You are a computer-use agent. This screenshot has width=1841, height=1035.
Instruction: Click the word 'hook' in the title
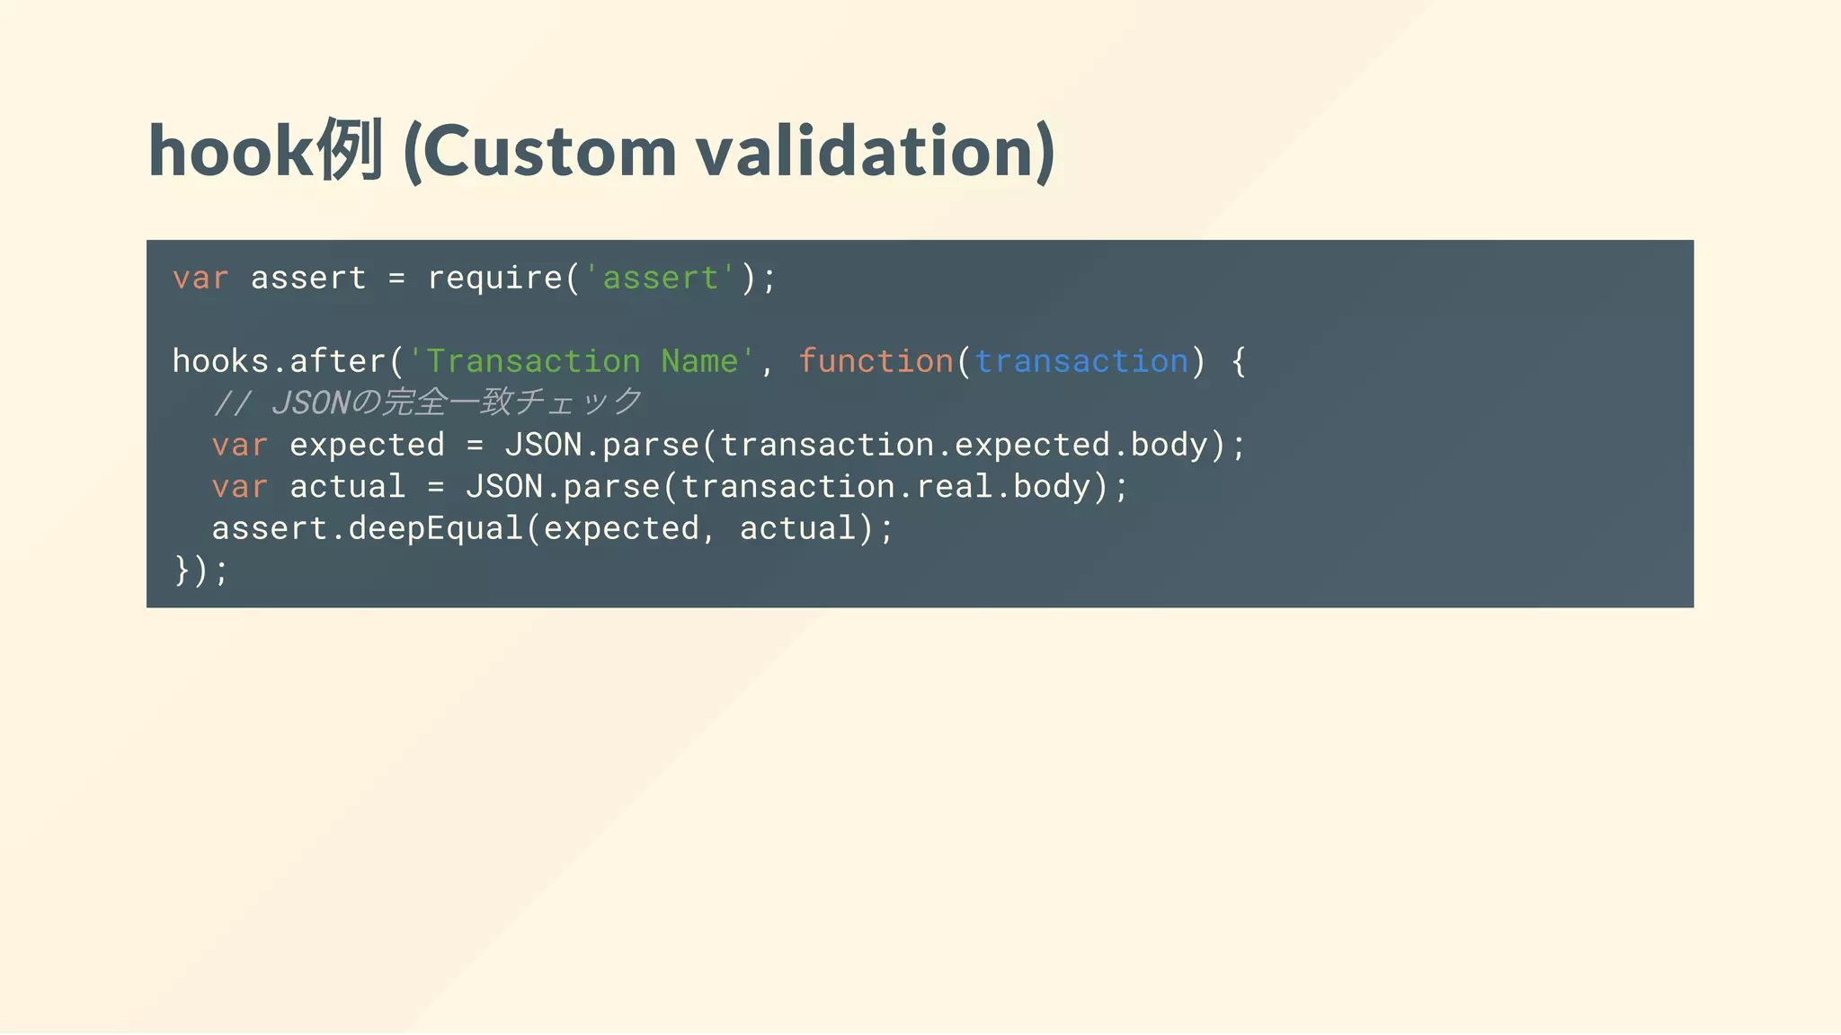tap(230, 151)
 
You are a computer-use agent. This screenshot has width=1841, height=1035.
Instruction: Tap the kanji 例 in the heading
tap(350, 149)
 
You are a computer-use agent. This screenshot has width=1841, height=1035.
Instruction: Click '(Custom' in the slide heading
tap(539, 151)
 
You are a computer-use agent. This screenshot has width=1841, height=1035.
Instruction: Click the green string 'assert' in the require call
tap(661, 279)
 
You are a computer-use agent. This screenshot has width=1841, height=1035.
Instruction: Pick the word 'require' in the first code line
tap(495, 279)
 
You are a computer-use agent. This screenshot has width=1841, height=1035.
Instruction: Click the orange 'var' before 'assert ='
tap(200, 279)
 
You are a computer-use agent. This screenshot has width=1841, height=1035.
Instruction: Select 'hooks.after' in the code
tap(280, 361)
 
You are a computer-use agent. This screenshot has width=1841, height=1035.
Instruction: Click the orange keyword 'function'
tap(876, 361)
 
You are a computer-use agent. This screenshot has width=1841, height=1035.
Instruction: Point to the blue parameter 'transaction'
tap(1081, 361)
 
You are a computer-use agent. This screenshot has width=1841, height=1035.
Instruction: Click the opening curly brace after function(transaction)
tap(1239, 361)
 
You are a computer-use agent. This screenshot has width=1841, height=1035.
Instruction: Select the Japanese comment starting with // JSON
tap(427, 402)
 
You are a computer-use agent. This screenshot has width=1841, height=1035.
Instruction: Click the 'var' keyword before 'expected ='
tap(240, 445)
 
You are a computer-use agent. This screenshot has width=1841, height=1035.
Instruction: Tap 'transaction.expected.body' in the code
tap(964, 445)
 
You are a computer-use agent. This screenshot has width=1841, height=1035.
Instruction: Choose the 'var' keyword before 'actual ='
tap(240, 487)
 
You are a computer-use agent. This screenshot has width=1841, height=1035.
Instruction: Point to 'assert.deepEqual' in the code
tap(367, 528)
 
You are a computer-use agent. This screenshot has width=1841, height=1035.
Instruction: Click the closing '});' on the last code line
tap(201, 570)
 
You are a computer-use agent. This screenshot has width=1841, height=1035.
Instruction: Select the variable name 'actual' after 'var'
tap(348, 487)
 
